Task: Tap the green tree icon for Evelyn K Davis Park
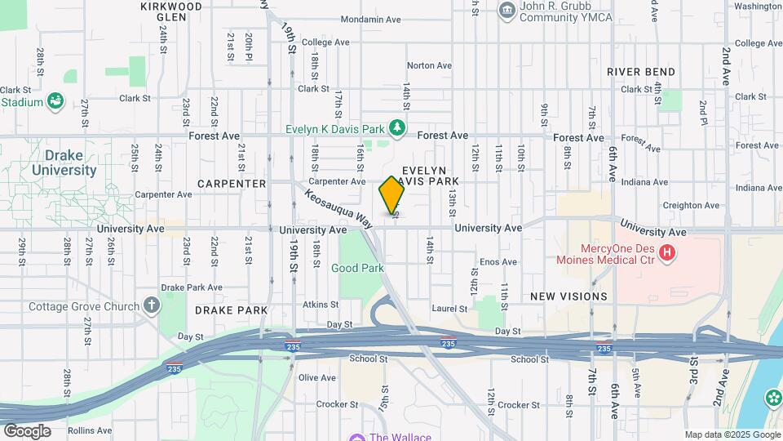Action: (397, 127)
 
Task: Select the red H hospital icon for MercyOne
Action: (667, 253)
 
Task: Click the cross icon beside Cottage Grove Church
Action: (151, 306)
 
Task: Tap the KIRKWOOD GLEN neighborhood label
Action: (170, 11)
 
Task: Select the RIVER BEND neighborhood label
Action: (641, 72)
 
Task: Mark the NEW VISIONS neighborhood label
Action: (568, 296)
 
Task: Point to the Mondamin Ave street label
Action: (371, 20)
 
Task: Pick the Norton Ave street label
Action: (429, 65)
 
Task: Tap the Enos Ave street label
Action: (498, 262)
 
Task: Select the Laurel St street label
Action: (450, 309)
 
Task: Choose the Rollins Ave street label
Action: (90, 430)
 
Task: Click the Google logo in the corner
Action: (27, 431)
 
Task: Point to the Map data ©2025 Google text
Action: (732, 435)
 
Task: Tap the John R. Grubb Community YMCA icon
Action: (507, 10)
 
